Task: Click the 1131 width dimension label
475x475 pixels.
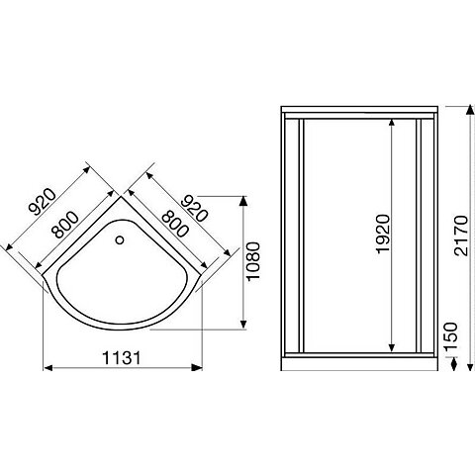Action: pyautogui.click(x=122, y=357)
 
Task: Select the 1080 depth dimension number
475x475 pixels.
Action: pyautogui.click(x=253, y=261)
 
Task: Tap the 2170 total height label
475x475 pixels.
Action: pyautogui.click(x=461, y=236)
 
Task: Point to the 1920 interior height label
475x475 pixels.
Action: pyautogui.click(x=383, y=234)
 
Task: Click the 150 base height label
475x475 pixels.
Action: pyautogui.click(x=450, y=337)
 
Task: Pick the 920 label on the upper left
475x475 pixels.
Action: pyautogui.click(x=43, y=201)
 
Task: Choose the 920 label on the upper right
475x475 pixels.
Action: pyautogui.click(x=196, y=209)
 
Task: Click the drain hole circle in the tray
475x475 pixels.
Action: pyautogui.click(x=120, y=239)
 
